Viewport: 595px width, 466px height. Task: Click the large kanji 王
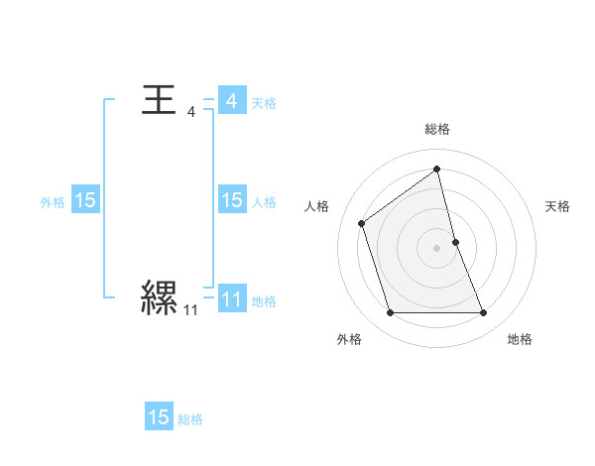160,101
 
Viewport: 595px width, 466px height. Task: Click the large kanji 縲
160,296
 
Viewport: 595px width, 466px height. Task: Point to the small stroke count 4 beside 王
191,112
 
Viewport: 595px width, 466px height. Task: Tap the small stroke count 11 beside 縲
190,310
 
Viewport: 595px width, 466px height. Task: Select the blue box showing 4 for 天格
231,101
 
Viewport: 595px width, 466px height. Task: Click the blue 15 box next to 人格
231,200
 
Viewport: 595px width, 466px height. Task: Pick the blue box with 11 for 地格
231,299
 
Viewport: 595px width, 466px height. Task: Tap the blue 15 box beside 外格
85,200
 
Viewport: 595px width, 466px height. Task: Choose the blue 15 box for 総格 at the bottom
159,417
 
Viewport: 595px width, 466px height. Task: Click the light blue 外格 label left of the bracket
53,201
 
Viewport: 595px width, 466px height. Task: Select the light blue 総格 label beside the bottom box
190,419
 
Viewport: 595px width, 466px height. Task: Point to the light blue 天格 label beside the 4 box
264,102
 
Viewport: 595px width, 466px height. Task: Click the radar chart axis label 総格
437,129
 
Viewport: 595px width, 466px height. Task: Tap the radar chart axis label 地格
520,339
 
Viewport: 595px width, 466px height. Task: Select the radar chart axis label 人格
317,206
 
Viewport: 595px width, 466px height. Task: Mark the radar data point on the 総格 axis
437,168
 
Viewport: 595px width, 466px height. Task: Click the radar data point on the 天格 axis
455,241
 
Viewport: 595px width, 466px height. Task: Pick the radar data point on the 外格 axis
390,313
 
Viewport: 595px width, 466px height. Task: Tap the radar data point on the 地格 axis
484,313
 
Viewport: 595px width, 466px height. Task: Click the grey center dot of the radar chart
437,247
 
